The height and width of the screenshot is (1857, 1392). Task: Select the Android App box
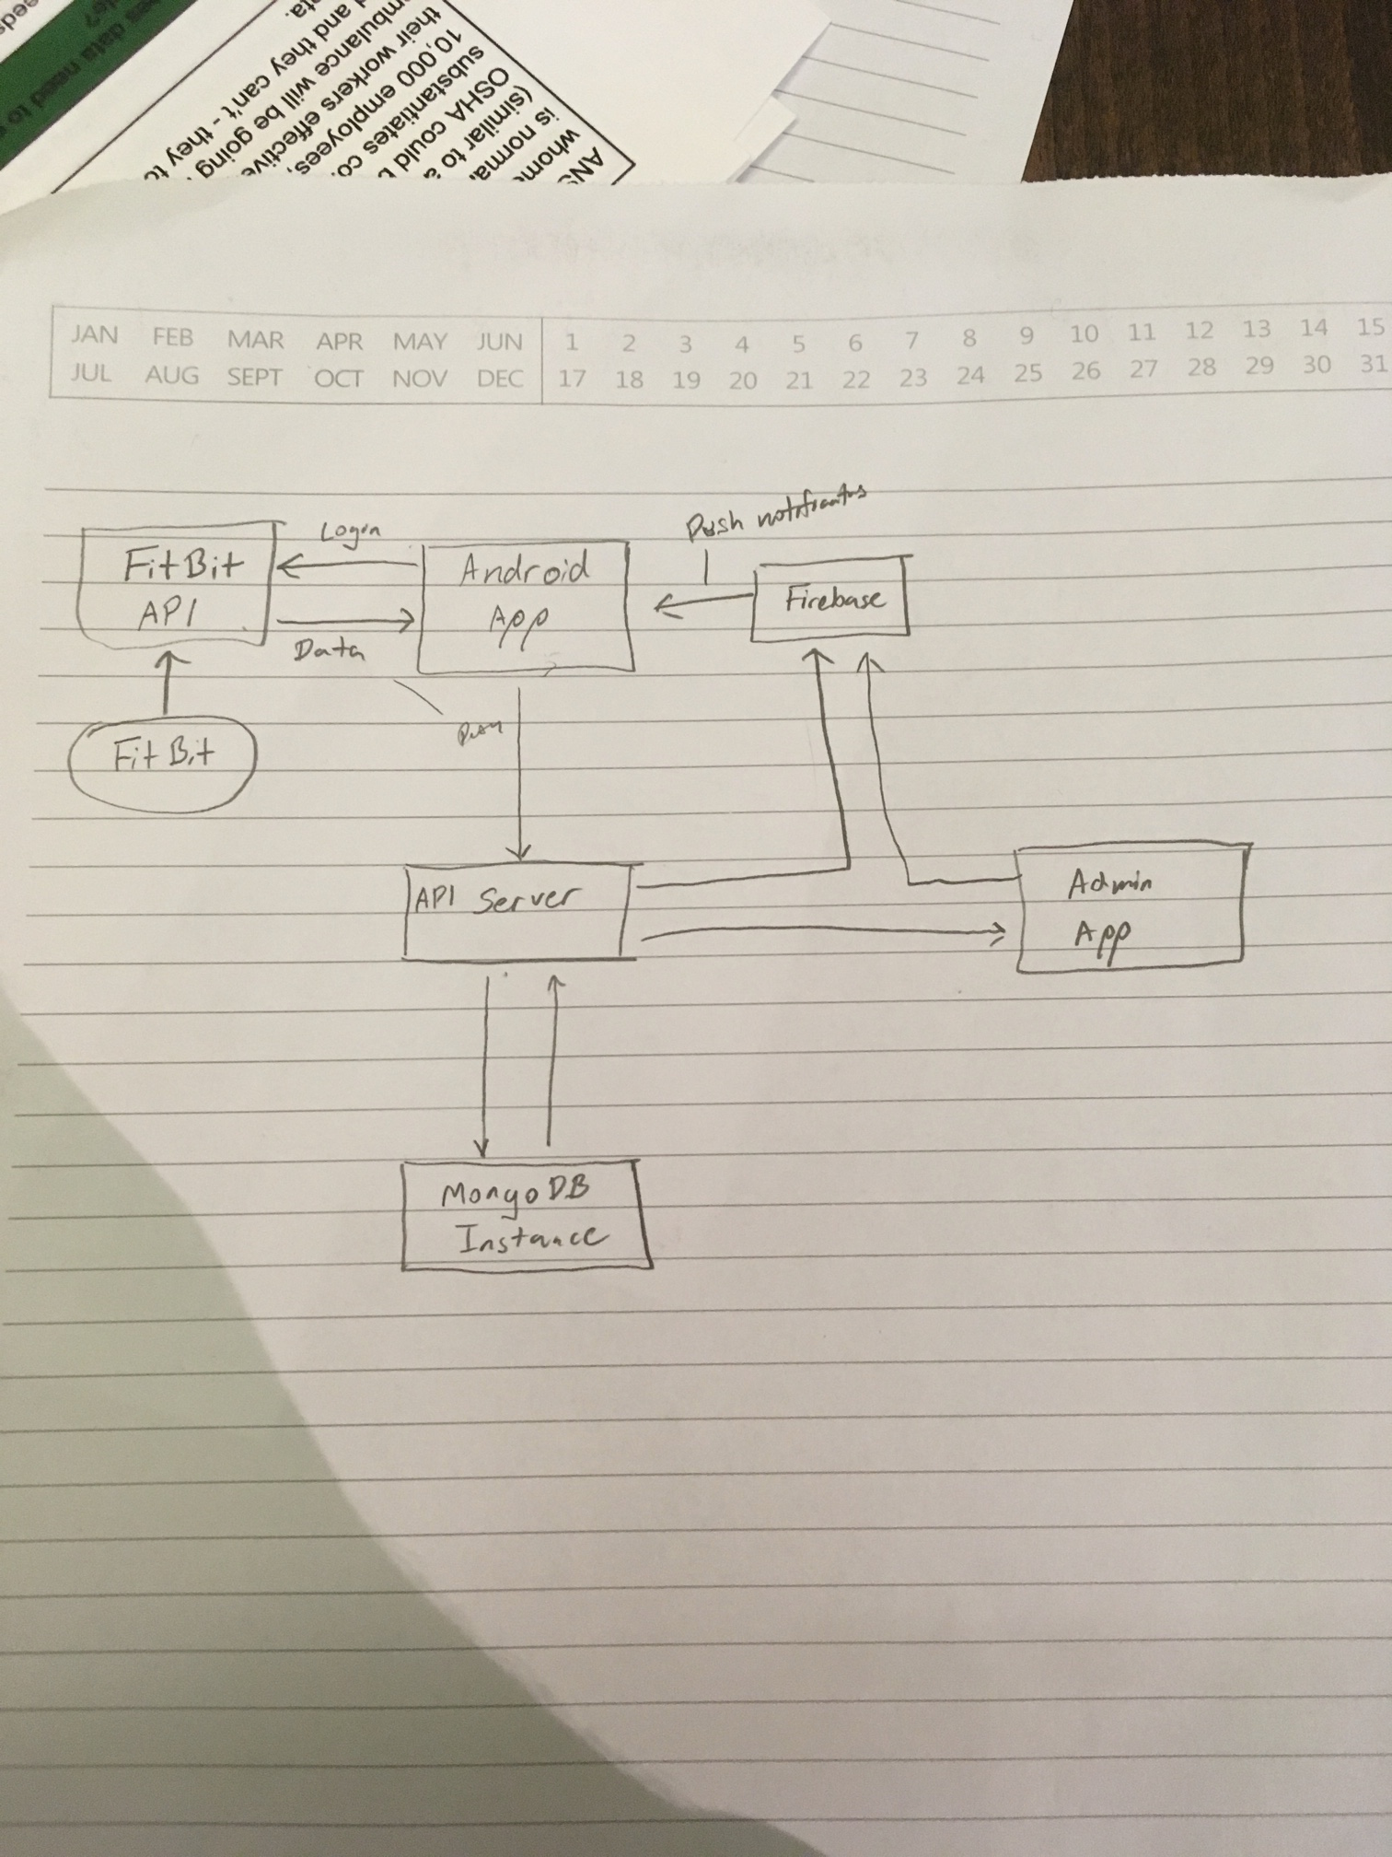tap(524, 606)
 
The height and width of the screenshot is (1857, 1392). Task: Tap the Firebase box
tap(830, 599)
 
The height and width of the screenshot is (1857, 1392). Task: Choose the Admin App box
tap(1129, 906)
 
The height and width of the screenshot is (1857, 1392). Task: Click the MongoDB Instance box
tap(526, 1215)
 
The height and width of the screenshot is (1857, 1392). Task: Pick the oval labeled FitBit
tap(163, 756)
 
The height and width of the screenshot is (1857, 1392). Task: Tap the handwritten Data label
tap(329, 652)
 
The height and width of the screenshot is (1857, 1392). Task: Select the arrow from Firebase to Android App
tap(704, 603)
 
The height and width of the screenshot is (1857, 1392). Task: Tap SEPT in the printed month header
tap(254, 377)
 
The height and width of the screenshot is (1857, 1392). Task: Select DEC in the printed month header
tap(500, 378)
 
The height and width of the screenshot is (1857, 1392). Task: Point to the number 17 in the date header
tap(572, 379)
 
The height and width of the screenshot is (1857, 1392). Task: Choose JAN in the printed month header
tap(95, 335)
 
